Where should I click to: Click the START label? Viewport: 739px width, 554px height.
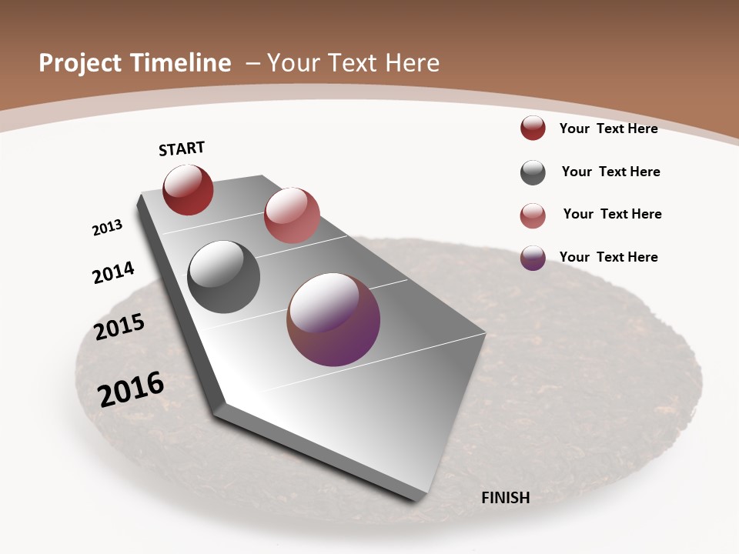point(182,149)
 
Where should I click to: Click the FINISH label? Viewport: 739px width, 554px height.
point(506,498)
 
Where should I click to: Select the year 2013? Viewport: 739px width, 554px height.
point(107,228)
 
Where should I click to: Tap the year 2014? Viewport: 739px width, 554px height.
point(113,272)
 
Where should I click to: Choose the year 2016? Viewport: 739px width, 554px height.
point(131,389)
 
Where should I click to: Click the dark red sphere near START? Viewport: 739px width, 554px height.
point(188,190)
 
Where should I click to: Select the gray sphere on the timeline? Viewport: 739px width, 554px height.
point(223,277)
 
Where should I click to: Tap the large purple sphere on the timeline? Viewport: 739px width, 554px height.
point(333,319)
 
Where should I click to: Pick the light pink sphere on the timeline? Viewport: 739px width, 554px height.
point(292,215)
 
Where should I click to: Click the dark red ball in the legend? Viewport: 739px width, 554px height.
point(533,128)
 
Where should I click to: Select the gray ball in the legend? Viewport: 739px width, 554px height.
point(533,172)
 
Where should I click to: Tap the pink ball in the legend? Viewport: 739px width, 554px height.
point(533,215)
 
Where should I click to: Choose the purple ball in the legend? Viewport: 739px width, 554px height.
point(533,258)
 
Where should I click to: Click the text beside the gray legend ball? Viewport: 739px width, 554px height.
point(610,172)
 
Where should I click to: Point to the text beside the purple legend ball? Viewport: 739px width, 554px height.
point(608,257)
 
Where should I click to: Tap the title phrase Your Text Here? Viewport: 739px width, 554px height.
point(353,63)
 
